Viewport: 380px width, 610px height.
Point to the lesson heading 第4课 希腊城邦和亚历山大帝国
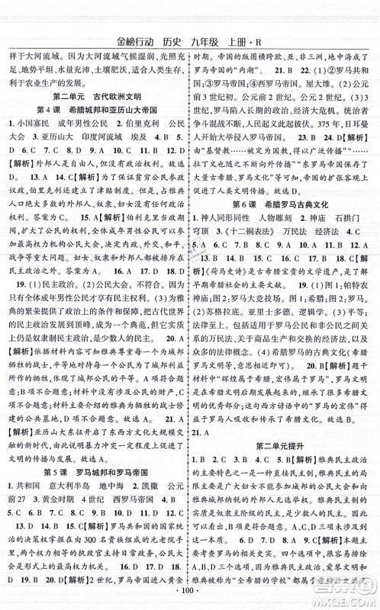(95, 114)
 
